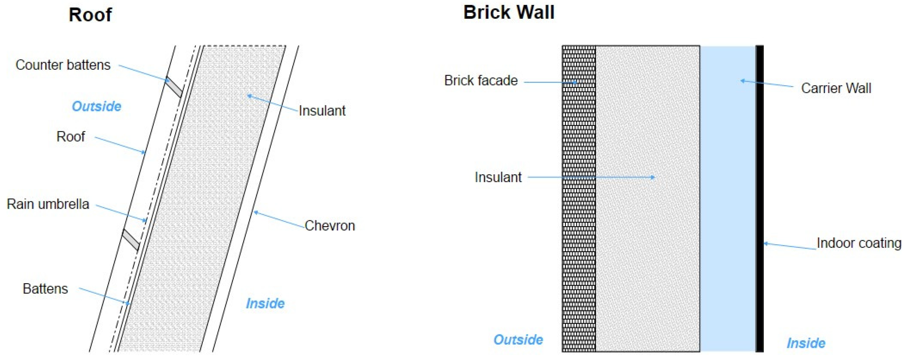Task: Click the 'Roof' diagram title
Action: pos(90,15)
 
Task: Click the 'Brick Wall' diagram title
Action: pos(508,12)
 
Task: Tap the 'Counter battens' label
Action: pos(63,65)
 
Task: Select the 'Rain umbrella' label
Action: pos(48,204)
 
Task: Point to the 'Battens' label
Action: pos(45,289)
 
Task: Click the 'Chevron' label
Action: pos(330,226)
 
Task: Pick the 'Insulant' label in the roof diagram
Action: pos(322,110)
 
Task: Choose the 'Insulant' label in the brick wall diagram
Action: pos(498,177)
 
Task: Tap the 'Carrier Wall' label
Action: pos(836,88)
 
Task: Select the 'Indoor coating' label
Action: pos(859,243)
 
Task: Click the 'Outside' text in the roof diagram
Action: pos(97,106)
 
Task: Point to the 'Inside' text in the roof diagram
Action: pos(265,303)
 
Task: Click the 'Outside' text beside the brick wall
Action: pos(518,340)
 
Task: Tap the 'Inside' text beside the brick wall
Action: pos(806,343)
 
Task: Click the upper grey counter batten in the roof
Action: pos(174,87)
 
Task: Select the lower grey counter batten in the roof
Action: pos(131,240)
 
